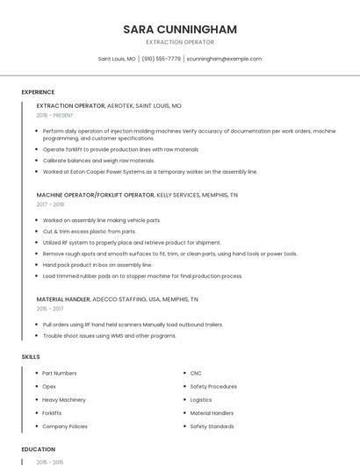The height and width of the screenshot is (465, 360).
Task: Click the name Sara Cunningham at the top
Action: point(180,29)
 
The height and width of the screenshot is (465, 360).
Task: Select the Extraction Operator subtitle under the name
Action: point(180,42)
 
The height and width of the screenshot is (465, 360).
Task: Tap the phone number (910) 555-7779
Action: point(162,59)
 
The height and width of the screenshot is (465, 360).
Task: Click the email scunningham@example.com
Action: point(225,59)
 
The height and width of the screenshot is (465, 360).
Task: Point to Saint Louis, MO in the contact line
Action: point(117,59)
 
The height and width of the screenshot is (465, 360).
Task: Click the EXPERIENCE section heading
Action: point(38,92)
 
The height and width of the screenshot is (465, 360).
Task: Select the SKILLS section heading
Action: point(30,357)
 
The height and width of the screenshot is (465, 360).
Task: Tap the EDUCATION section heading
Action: point(38,449)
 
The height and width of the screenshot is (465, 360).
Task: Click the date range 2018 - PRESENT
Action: point(55,115)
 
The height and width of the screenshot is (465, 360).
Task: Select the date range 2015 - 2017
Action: point(50,309)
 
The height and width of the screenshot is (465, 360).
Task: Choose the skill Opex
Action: point(49,386)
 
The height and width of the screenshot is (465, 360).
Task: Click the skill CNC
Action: point(197,373)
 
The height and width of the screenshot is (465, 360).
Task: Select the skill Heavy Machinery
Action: point(63,399)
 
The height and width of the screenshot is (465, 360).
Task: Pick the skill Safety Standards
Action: point(212,426)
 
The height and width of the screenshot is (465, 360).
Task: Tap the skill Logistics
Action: point(201,399)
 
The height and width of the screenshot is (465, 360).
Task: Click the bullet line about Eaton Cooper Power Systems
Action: point(150,172)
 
